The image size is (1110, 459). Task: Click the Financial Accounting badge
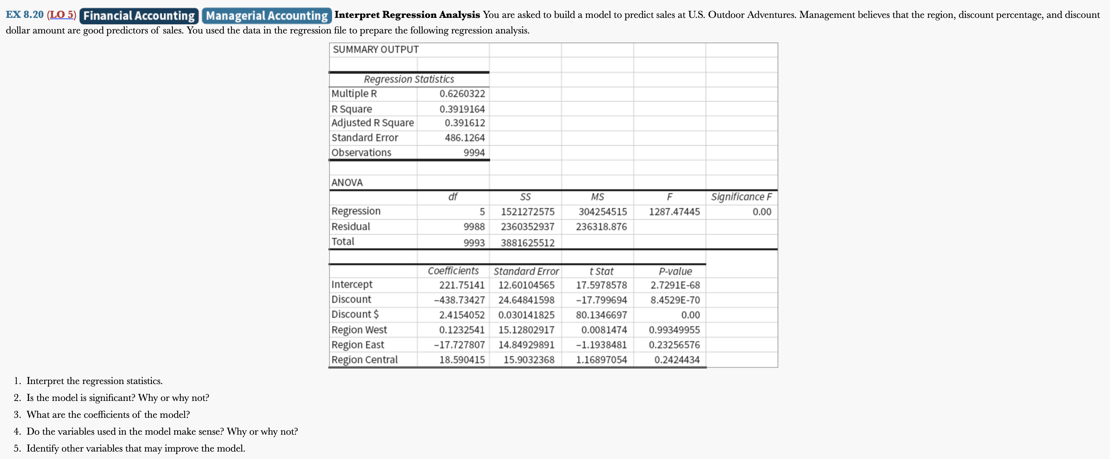click(139, 16)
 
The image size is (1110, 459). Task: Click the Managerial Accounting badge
click(267, 16)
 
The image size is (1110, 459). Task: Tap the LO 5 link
click(62, 15)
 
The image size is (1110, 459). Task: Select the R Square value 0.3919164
click(462, 109)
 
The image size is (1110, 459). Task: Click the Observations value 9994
click(474, 153)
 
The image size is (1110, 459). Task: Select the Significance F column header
click(741, 197)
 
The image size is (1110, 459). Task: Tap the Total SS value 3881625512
click(527, 242)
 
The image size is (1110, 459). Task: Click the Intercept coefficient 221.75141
click(462, 285)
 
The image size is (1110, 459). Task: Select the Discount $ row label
click(355, 314)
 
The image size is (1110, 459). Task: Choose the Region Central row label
click(364, 359)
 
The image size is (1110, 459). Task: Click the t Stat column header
click(601, 271)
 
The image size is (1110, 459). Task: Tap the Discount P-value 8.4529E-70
click(675, 300)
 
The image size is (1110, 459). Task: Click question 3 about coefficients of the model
click(108, 415)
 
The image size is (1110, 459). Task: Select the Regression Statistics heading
click(409, 79)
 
